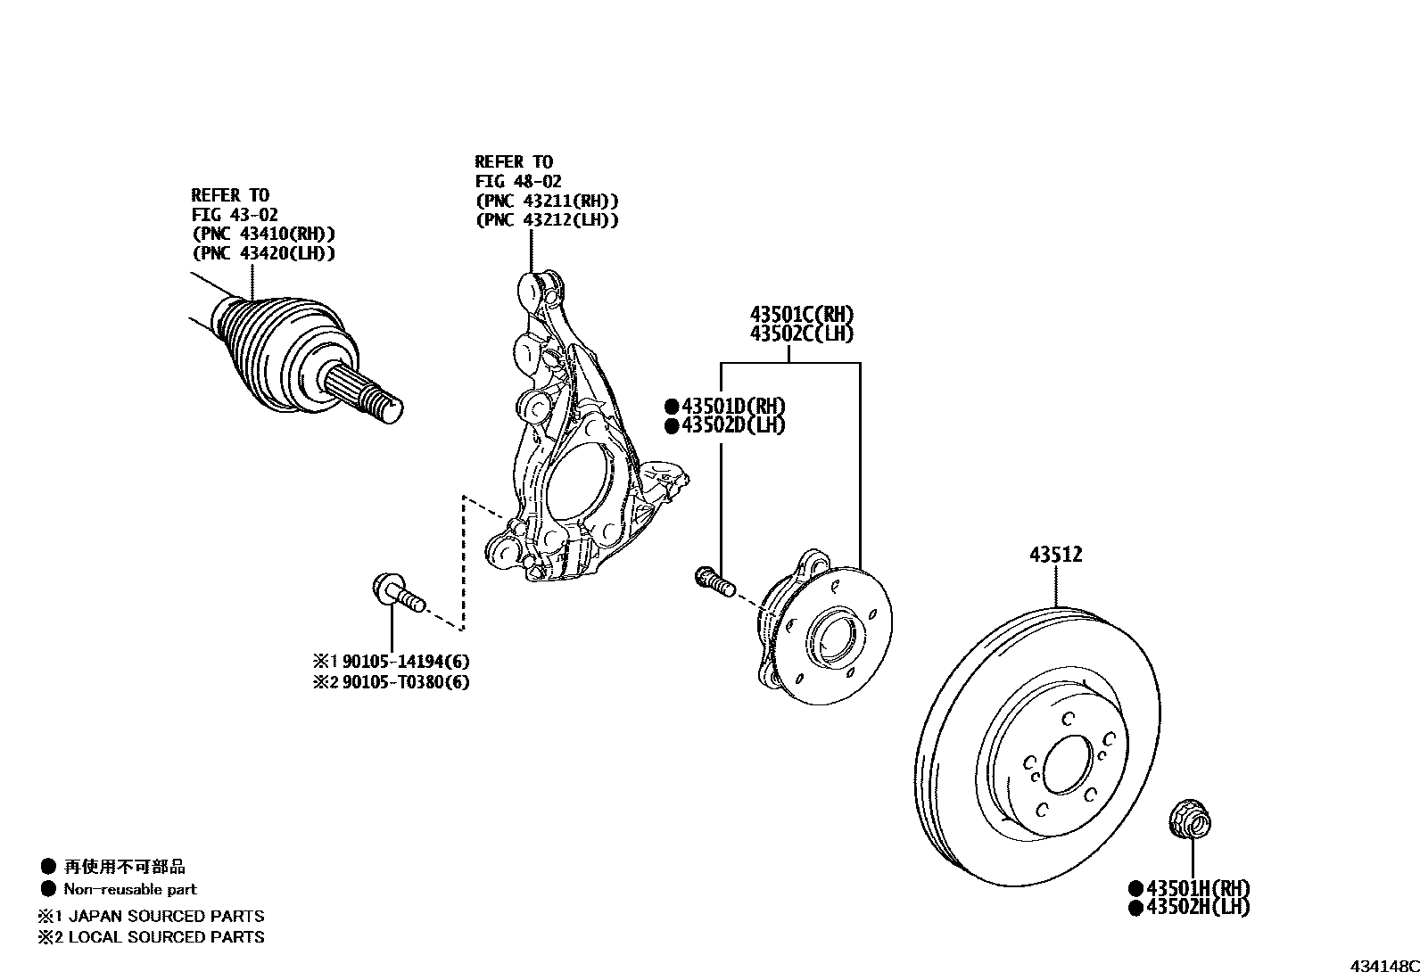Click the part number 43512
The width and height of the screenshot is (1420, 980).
click(1055, 555)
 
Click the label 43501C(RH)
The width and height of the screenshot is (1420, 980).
click(801, 315)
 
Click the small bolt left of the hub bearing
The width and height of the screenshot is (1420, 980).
click(713, 581)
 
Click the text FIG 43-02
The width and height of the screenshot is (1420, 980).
click(235, 215)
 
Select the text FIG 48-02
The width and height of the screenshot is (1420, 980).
click(518, 181)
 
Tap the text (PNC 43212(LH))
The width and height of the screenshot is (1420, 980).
click(547, 220)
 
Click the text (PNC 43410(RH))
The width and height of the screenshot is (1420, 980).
click(263, 235)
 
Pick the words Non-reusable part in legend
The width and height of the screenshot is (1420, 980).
click(130, 889)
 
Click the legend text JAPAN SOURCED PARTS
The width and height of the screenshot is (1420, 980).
click(166, 916)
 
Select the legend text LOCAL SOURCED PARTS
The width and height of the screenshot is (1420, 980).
click(166, 937)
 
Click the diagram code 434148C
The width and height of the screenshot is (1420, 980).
click(1383, 967)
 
